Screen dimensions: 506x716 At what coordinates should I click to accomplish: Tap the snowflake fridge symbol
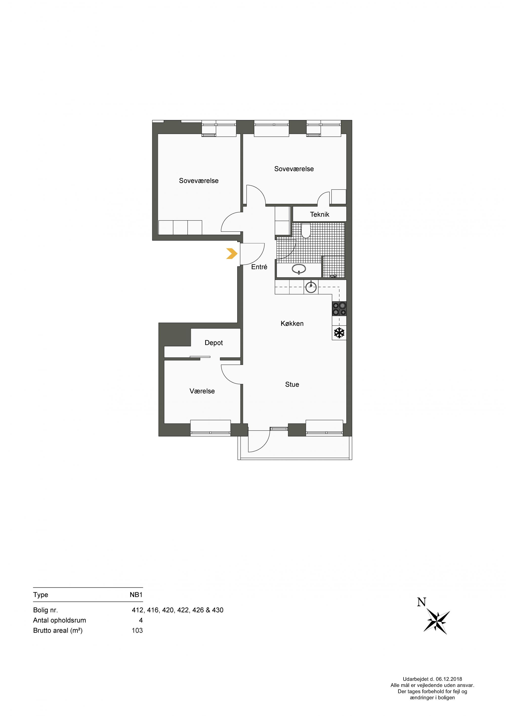pos(339,333)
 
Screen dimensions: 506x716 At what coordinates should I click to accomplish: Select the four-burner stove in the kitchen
pos(339,309)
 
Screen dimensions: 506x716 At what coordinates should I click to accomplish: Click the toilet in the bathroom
pos(306,230)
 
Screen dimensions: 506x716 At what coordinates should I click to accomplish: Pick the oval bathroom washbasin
pos(299,268)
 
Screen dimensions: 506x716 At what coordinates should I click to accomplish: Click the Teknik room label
pos(320,214)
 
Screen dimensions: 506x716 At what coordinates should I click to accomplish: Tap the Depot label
pos(214,343)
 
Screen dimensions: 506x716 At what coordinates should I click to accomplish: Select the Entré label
pos(259,267)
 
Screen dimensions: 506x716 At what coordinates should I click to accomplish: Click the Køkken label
pos(292,323)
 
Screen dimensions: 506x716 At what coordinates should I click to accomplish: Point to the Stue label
pos(292,384)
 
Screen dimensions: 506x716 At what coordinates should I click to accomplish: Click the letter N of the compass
pos(421,602)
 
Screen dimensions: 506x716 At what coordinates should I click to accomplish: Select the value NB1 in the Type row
pos(136,595)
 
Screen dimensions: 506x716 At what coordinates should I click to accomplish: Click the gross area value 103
pos(137,631)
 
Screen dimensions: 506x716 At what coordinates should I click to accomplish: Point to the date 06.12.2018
pos(449,679)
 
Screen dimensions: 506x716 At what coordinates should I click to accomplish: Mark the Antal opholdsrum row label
pos(59,620)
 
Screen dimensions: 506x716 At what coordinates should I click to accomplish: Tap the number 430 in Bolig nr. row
pos(218,610)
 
